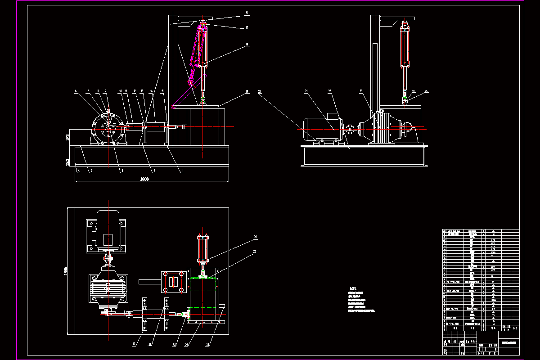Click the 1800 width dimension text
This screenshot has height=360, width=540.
click(x=144, y=180)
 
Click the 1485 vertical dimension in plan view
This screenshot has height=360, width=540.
click(x=66, y=270)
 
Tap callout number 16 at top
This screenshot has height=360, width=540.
click(x=247, y=12)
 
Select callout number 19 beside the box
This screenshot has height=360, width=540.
click(x=247, y=92)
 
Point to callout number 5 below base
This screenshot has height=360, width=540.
click(x=78, y=171)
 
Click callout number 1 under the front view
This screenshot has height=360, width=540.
click(x=183, y=171)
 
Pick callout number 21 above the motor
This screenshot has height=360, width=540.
click(x=306, y=92)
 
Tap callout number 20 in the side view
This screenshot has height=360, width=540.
click(x=260, y=92)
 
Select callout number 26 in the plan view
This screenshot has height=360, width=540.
click(x=255, y=237)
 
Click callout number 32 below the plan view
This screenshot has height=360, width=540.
click(x=134, y=345)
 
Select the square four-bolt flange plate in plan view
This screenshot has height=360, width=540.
click(x=174, y=282)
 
